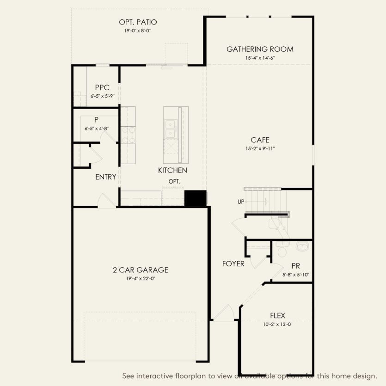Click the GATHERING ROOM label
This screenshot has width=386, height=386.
pyautogui.click(x=260, y=49)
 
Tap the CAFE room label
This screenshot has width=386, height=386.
pyautogui.click(x=260, y=140)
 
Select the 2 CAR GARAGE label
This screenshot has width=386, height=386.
pyautogui.click(x=141, y=270)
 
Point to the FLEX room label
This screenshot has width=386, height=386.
pyautogui.click(x=278, y=316)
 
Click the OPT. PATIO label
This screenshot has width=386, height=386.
pyautogui.click(x=138, y=22)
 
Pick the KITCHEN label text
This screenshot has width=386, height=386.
pyautogui.click(x=172, y=171)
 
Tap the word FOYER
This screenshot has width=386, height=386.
pyautogui.click(x=233, y=264)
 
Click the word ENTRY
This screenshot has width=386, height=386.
pyautogui.click(x=106, y=177)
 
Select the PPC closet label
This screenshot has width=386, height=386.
pyautogui.click(x=102, y=87)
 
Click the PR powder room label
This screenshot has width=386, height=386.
pyautogui.click(x=296, y=266)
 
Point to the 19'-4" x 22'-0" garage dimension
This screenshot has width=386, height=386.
pyautogui.click(x=141, y=279)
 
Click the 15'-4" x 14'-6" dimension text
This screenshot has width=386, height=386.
pyautogui.click(x=260, y=58)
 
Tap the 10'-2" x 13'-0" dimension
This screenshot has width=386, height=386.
pyautogui.click(x=278, y=325)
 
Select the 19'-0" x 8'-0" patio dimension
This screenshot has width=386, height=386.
pyautogui.click(x=137, y=31)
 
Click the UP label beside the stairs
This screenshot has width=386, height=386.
pyautogui.click(x=241, y=202)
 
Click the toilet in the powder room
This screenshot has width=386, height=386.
pyautogui.click(x=282, y=250)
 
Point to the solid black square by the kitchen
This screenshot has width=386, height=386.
pyautogui.click(x=196, y=198)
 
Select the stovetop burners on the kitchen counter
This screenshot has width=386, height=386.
pyautogui.click(x=128, y=135)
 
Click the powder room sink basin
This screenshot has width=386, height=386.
pyautogui.click(x=302, y=246)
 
